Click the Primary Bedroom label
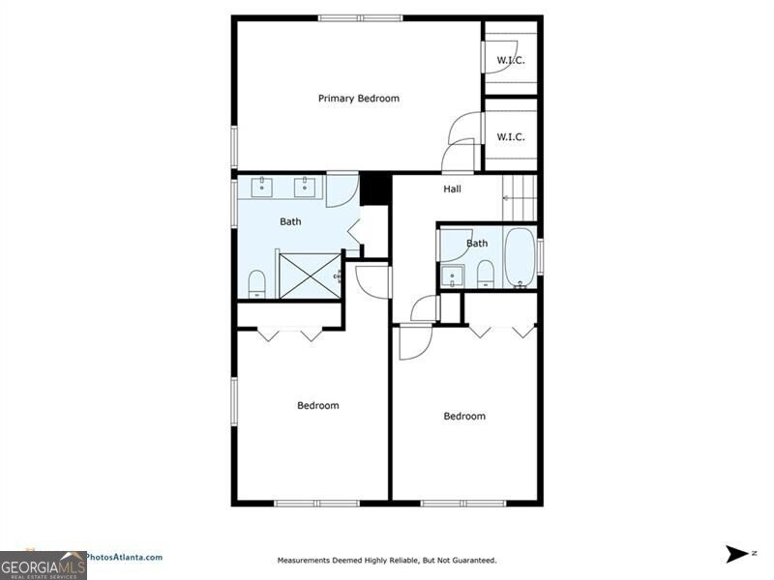(x=359, y=99)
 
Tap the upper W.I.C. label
(x=511, y=61)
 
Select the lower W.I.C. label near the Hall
(x=511, y=136)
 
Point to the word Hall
(x=452, y=188)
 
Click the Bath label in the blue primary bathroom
(x=290, y=221)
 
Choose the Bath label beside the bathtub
(x=477, y=243)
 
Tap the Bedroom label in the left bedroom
(x=317, y=405)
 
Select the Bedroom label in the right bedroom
(x=464, y=416)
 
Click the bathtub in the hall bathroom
(x=520, y=257)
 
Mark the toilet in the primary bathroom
(x=257, y=283)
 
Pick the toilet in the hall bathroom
(x=485, y=274)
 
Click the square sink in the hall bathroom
(x=452, y=277)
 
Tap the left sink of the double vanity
(x=265, y=186)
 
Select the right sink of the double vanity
(x=307, y=186)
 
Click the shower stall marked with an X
(x=310, y=275)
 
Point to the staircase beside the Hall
(x=521, y=197)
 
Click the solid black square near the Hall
(x=374, y=188)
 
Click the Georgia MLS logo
(x=44, y=565)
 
